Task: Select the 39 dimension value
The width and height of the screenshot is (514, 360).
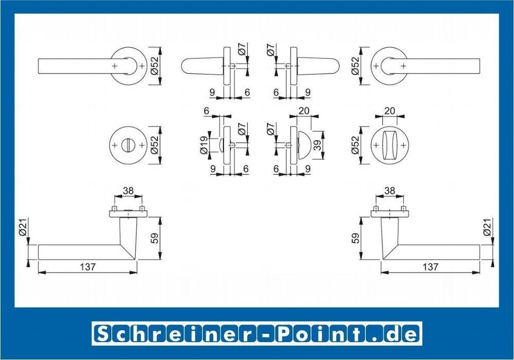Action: (317, 145)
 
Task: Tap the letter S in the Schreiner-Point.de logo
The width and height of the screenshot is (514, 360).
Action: (103, 334)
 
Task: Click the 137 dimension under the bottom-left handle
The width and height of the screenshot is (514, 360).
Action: (87, 267)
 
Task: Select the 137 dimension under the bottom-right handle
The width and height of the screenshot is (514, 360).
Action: (430, 267)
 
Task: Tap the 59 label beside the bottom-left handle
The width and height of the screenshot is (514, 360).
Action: (154, 238)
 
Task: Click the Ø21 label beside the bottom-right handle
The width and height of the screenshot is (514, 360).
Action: (487, 227)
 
